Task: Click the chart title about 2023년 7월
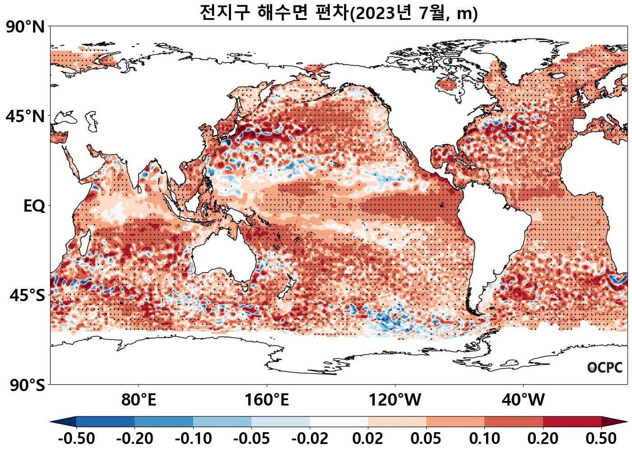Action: click(x=339, y=13)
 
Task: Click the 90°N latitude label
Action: click(x=25, y=27)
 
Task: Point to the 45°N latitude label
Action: click(x=25, y=117)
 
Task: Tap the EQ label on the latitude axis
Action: click(x=34, y=206)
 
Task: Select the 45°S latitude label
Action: click(x=27, y=296)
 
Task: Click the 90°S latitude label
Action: click(x=27, y=385)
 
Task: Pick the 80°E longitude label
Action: click(x=139, y=400)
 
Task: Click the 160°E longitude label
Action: click(x=267, y=400)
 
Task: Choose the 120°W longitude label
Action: click(x=395, y=400)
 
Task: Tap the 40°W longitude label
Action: click(x=523, y=400)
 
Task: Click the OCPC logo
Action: click(x=605, y=368)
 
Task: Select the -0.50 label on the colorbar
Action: click(x=76, y=439)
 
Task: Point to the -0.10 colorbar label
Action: click(x=193, y=439)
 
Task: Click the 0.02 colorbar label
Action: click(x=368, y=439)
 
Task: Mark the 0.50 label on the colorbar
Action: click(x=601, y=439)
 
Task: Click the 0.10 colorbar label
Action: click(x=484, y=439)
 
